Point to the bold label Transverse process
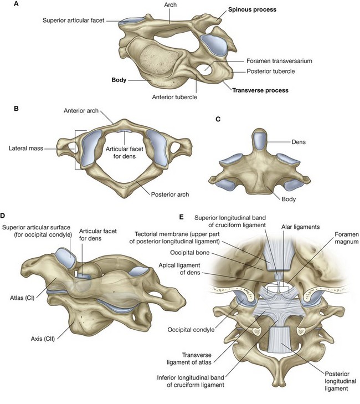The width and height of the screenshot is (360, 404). tap(262, 89)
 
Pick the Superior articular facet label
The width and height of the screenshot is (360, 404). tap(79, 21)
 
